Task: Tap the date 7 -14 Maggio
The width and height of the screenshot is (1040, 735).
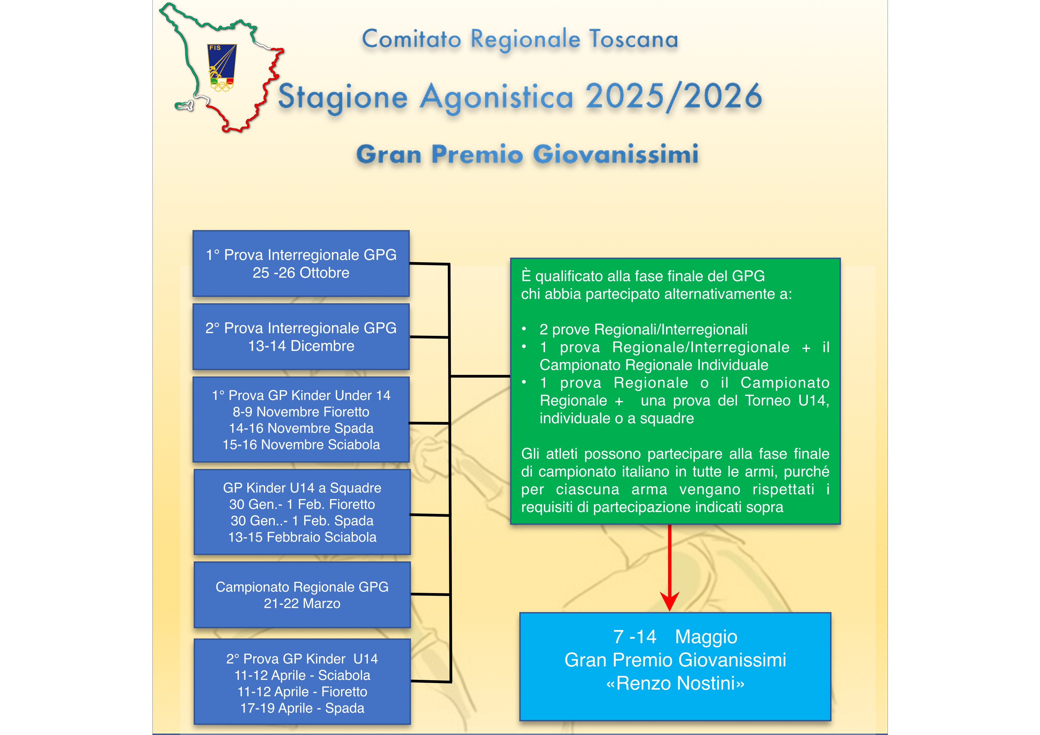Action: [675, 637]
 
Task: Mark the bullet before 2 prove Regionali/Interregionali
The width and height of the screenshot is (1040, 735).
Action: [524, 329]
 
